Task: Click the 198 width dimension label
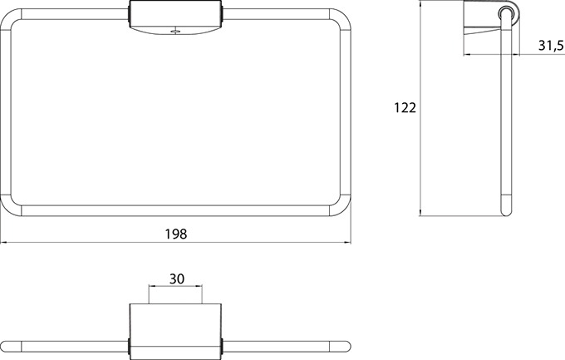click(x=176, y=234)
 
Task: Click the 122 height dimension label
click(x=405, y=108)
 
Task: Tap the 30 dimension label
click(x=176, y=279)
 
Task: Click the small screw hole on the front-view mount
click(x=175, y=32)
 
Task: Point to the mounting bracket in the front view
click(x=176, y=19)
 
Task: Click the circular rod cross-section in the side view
click(x=506, y=13)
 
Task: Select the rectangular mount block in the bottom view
click(x=175, y=332)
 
